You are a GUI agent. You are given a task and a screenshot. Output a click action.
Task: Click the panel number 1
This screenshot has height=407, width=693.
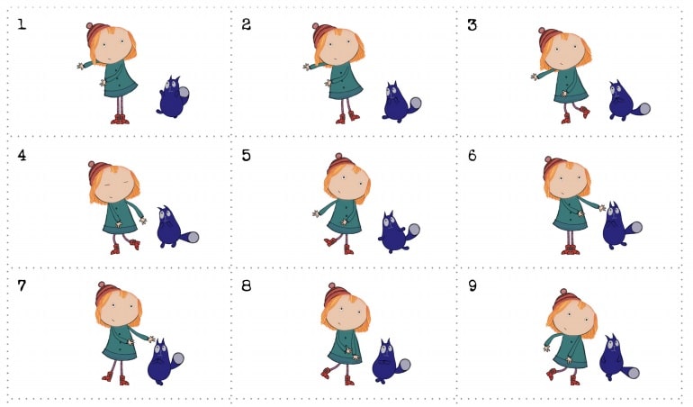click(22, 24)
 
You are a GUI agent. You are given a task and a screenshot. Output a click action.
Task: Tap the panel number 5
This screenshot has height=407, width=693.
click(247, 155)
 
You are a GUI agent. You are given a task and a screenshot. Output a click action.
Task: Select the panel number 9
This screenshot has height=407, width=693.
click(472, 285)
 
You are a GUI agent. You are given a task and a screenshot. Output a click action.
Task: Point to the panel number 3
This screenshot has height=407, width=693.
click(472, 25)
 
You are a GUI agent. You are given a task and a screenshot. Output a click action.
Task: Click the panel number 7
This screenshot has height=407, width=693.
click(22, 285)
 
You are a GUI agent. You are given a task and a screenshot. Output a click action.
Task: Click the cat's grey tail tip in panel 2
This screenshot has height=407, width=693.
click(415, 104)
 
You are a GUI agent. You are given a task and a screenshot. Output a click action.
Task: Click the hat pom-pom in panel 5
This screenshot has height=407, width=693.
click(339, 156)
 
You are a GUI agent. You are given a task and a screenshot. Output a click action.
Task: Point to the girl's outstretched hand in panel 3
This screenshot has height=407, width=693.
click(535, 77)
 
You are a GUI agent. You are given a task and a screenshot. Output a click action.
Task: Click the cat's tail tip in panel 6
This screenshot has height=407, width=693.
click(636, 228)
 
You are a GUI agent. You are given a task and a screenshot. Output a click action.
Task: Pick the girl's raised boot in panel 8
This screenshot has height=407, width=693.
click(326, 373)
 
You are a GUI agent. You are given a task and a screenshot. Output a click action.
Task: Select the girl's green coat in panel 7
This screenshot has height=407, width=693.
click(122, 343)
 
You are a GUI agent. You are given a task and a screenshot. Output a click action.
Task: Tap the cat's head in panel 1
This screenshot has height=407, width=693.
click(173, 85)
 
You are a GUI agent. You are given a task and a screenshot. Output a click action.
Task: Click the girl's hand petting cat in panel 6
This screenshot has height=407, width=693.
click(601, 207)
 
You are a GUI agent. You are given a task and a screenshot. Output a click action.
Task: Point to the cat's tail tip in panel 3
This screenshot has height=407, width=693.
click(644, 109)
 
